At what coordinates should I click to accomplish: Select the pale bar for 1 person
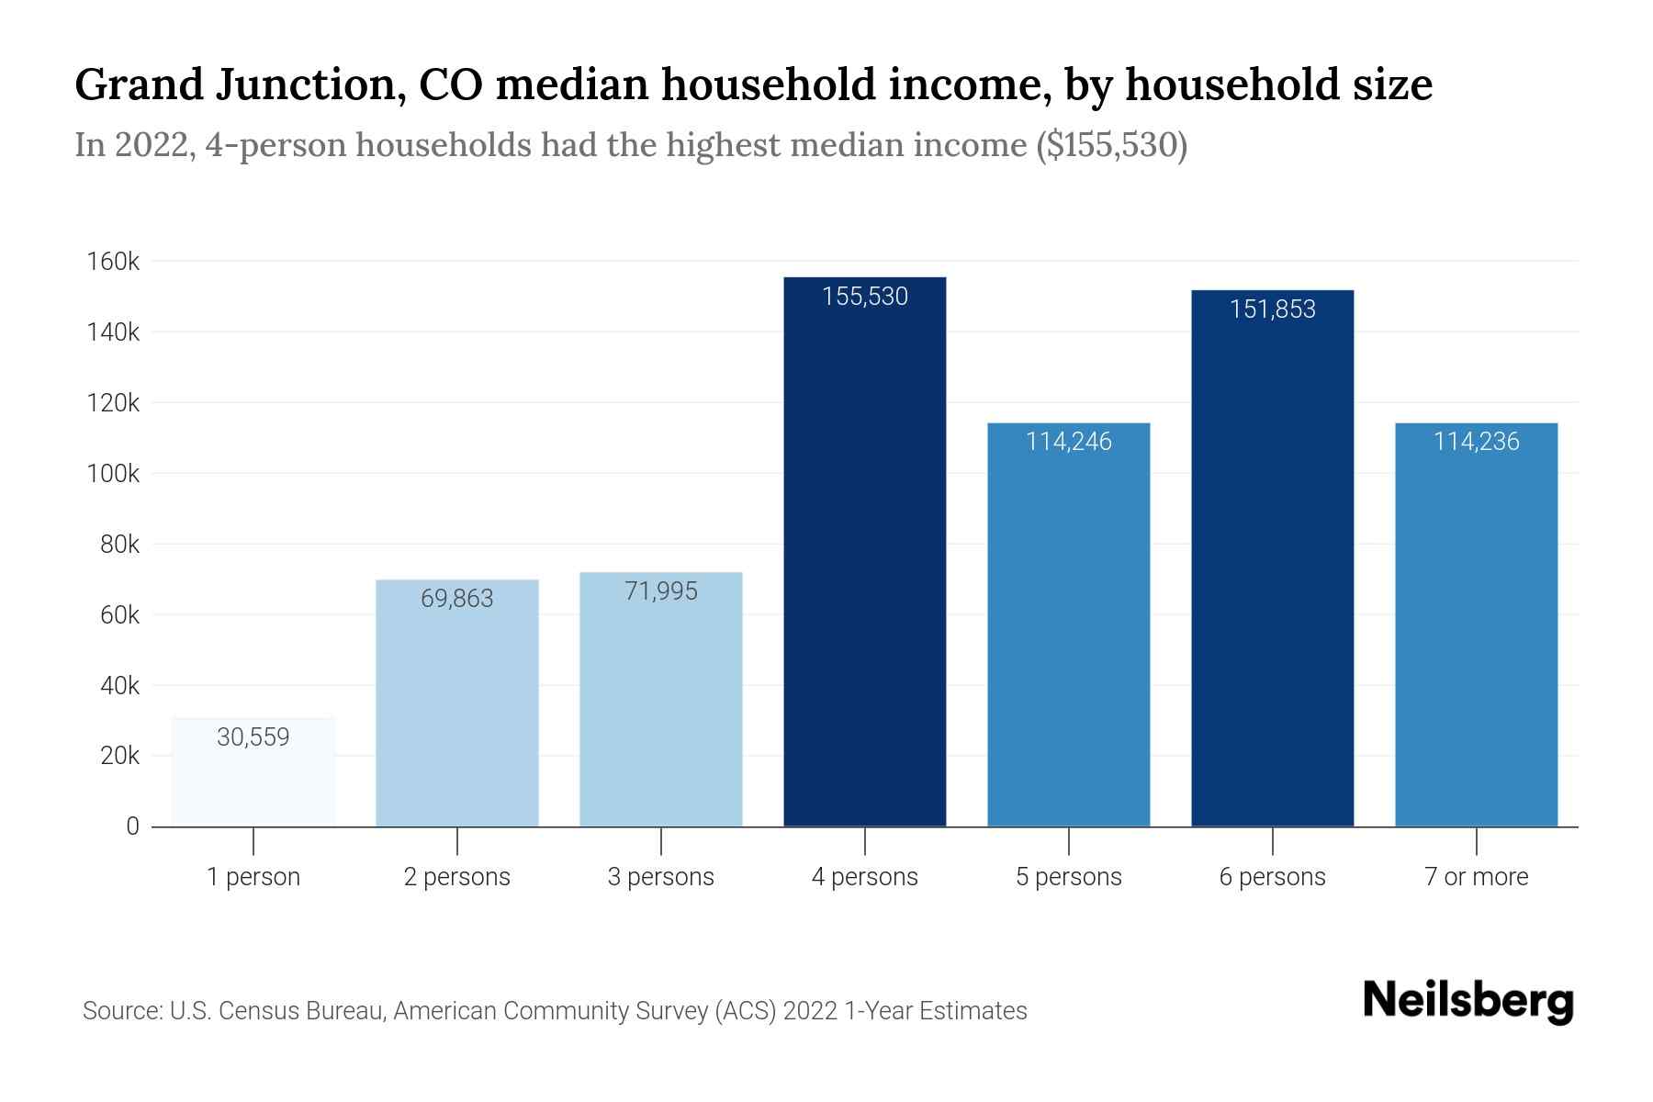tap(253, 781)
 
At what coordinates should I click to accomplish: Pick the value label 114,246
tap(1068, 442)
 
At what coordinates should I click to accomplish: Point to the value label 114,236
tap(1476, 442)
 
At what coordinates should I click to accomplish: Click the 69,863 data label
tap(456, 599)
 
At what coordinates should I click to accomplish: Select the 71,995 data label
tap(660, 591)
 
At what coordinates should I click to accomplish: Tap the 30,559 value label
tap(253, 737)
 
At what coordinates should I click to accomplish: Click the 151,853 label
tap(1272, 309)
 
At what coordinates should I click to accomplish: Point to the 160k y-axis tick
tap(113, 262)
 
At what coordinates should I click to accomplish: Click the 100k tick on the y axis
tap(113, 474)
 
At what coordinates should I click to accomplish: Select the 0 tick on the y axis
tap(132, 826)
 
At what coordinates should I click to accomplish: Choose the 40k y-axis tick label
tap(119, 686)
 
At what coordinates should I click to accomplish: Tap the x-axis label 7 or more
tap(1476, 877)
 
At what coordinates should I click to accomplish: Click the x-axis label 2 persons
tap(456, 877)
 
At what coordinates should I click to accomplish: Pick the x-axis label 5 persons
tap(1068, 877)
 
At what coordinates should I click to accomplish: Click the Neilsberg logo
tap(1467, 1001)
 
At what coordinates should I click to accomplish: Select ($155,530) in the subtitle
tap(1111, 145)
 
